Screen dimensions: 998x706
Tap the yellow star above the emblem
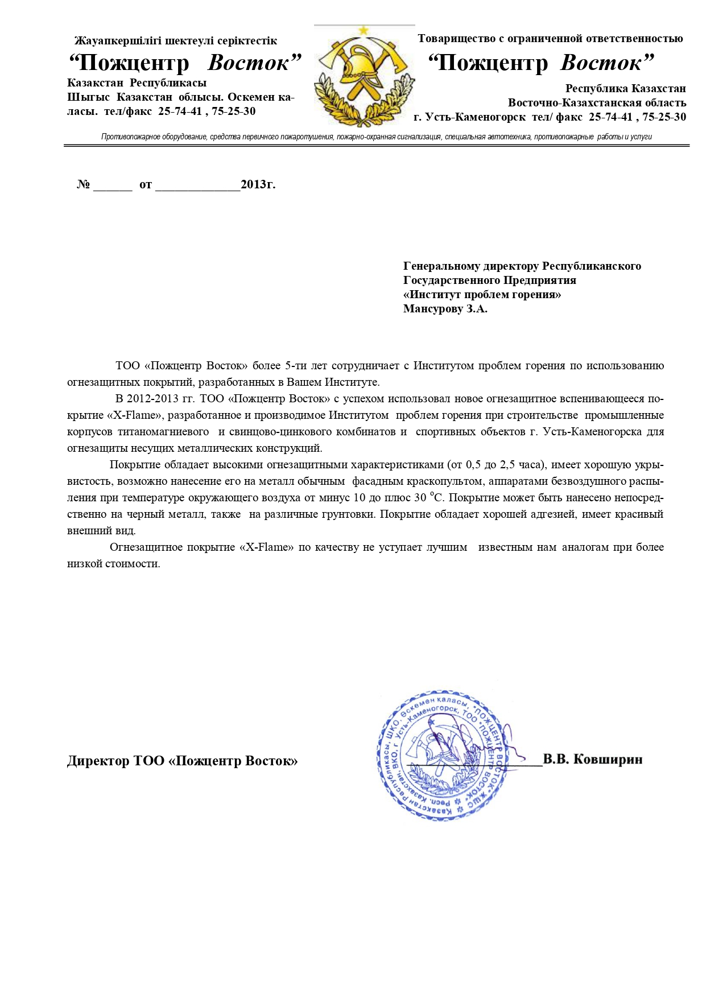pos(364,30)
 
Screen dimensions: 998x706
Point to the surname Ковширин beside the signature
pos(608,759)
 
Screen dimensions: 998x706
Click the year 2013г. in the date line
pos(258,184)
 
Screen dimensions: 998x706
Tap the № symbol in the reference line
pos(83,184)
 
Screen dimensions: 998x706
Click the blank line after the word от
pos(197,187)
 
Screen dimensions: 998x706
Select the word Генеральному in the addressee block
pos(441,266)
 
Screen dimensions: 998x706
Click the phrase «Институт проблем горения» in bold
pos(482,295)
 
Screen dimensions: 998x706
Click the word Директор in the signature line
pos(98,761)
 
